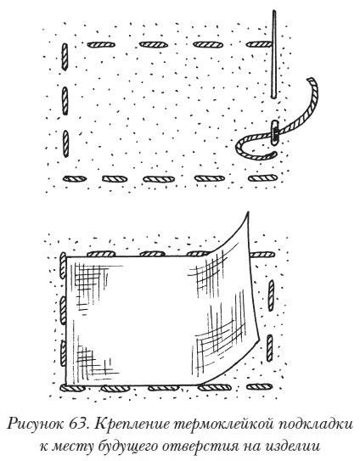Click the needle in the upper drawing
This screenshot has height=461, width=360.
click(274, 54)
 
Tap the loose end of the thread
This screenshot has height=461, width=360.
click(311, 80)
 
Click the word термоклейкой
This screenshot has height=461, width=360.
click(224, 424)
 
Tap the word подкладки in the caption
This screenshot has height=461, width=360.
click(315, 424)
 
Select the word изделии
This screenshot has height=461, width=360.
click(290, 447)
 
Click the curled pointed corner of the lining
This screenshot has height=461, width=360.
click(248, 212)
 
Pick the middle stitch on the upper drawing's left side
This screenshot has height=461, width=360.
click(65, 101)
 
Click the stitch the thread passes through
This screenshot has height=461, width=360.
click(275, 132)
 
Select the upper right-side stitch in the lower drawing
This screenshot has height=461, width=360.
click(271, 295)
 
